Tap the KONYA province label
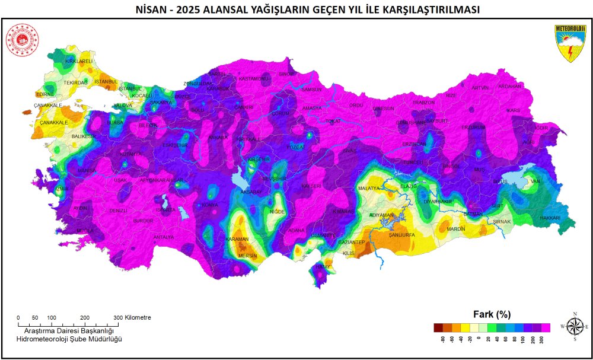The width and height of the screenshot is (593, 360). [x=211, y=205]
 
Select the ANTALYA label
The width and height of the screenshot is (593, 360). [x=164, y=237]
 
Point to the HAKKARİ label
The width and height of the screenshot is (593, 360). [x=548, y=218]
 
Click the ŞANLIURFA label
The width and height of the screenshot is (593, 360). [x=400, y=235]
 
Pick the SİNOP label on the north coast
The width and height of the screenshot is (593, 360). [x=286, y=74]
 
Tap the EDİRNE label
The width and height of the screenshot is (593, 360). [x=45, y=94]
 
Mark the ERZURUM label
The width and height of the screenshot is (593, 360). [x=474, y=127]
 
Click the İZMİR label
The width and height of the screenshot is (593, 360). [x=62, y=189]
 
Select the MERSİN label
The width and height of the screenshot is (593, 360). [x=247, y=256]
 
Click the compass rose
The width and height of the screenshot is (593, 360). [x=575, y=326]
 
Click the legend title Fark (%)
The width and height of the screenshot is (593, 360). [x=492, y=314]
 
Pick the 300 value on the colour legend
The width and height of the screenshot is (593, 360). [x=541, y=340]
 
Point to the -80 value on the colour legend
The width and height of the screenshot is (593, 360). [x=442, y=340]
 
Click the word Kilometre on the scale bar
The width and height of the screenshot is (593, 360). [x=138, y=317]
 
